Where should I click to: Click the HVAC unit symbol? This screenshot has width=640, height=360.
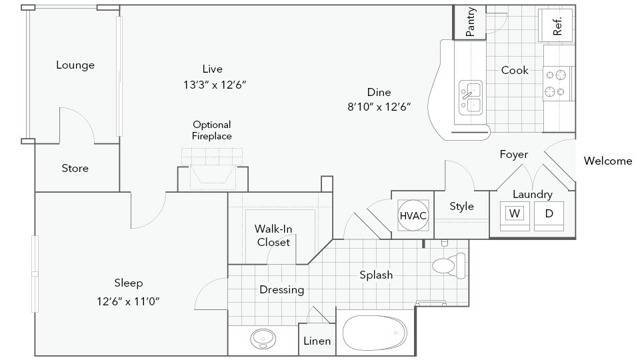[x=413, y=215]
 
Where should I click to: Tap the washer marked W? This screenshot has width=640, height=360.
[x=515, y=216]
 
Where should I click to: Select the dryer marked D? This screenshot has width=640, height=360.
[x=549, y=216]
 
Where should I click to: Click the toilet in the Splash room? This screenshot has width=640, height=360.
[x=449, y=266]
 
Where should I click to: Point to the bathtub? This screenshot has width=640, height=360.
[x=375, y=333]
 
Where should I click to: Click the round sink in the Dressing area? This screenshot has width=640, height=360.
[x=263, y=339]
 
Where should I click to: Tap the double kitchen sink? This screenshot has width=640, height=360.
[x=471, y=98]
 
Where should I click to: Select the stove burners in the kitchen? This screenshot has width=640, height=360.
[x=556, y=84]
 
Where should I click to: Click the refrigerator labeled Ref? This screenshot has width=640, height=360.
[x=556, y=25]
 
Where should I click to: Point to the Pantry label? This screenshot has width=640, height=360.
[x=470, y=22]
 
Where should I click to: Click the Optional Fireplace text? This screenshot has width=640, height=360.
[x=212, y=130]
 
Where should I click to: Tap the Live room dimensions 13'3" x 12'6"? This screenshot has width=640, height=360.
[x=215, y=85]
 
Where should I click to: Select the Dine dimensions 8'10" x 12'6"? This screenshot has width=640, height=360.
[x=379, y=107]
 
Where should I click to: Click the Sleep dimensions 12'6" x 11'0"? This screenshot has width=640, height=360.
[x=128, y=302]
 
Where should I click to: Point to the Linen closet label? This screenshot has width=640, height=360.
[x=317, y=341]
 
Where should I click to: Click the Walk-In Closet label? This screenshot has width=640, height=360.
[x=273, y=235]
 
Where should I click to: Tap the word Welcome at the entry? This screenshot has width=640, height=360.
[x=608, y=161]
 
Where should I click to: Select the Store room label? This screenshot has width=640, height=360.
[x=75, y=168]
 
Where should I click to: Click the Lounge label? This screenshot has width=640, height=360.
[x=75, y=65]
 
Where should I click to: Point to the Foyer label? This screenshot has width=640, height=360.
[x=514, y=155]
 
